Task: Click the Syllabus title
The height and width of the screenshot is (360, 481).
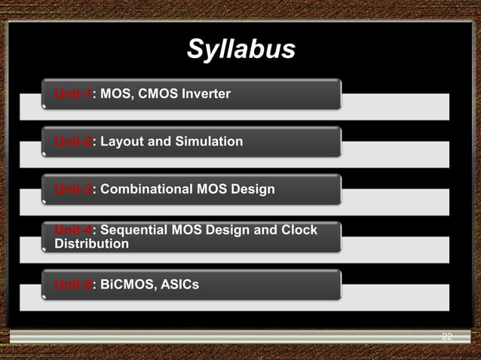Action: (x=240, y=50)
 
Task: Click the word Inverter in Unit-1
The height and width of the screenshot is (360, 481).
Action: (x=204, y=94)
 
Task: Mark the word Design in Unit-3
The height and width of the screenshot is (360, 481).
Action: (x=253, y=189)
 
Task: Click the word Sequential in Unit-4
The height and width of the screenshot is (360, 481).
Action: (x=133, y=230)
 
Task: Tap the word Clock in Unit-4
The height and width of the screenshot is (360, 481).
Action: (x=299, y=230)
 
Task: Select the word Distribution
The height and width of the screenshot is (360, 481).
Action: (x=91, y=244)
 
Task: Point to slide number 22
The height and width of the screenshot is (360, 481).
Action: (x=447, y=337)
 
